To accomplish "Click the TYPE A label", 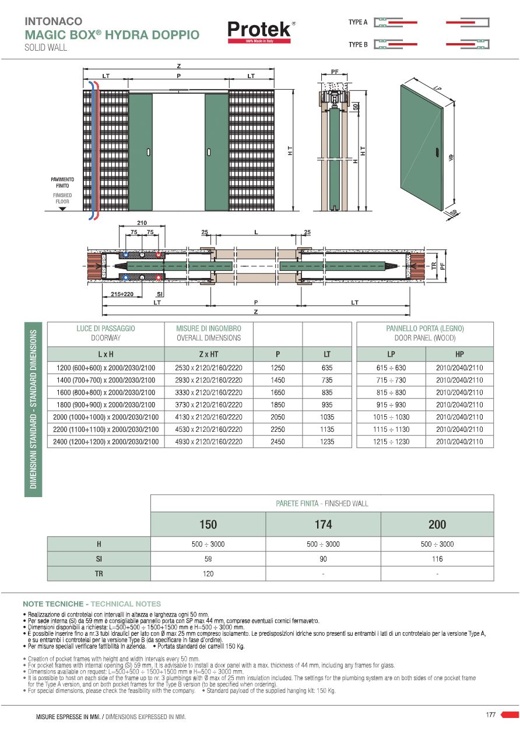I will pos(358,22).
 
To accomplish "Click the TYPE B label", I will pos(358,44).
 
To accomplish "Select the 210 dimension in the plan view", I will pos(141,223).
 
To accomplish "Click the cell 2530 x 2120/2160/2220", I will pos(208,368).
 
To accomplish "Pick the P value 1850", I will pos(277,404).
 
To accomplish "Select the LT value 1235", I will pos(327,442).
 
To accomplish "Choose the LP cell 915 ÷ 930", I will pos(391,404).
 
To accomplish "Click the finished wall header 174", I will pos(323,524).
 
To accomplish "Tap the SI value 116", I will pos(437,559).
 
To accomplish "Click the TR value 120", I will pos(208,573).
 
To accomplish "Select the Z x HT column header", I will pos(208,354).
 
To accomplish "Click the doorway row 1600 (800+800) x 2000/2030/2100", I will pos(106,392).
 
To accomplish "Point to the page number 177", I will pos(490,714).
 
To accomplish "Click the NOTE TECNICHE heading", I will pos(54,604).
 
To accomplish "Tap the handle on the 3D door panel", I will pos(437,153).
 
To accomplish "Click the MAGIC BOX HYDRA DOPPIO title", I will pos(112,34).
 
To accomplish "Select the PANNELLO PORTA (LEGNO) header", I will pos(424,329).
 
